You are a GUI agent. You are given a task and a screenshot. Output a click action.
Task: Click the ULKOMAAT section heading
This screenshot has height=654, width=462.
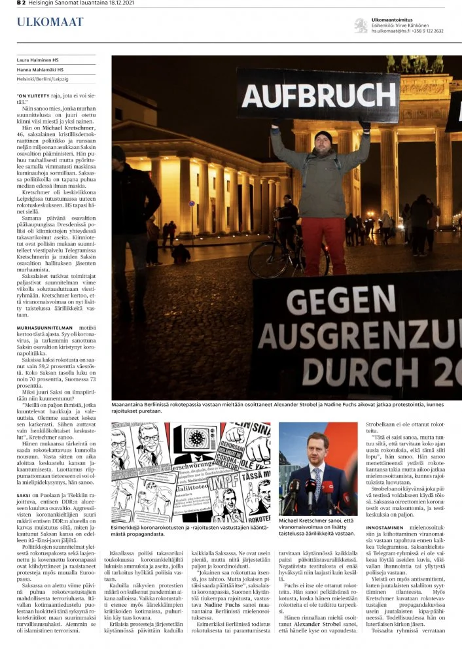coord(50,22)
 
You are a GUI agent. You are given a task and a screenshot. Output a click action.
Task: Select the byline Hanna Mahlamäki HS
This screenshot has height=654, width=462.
coord(41,69)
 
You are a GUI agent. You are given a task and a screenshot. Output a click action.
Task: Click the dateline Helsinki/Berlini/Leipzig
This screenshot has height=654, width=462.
coord(43,79)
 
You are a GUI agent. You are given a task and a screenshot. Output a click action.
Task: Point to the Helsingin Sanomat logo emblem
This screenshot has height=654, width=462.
coord(361,25)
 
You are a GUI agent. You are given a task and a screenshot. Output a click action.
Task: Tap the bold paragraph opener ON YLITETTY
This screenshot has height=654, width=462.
coord(34,96)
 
